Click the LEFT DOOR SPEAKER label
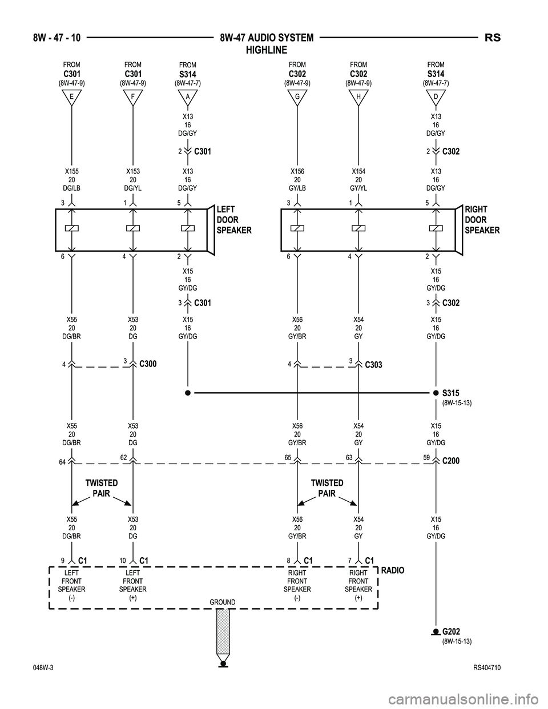click(234, 220)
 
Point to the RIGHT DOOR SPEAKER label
click(482, 220)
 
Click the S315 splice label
click(451, 393)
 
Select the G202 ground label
click(451, 631)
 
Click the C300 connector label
click(148, 364)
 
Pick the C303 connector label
click(374, 364)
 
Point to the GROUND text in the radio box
click(223, 602)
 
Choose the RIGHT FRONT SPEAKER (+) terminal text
click(358, 585)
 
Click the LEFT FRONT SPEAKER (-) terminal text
click(72, 585)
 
